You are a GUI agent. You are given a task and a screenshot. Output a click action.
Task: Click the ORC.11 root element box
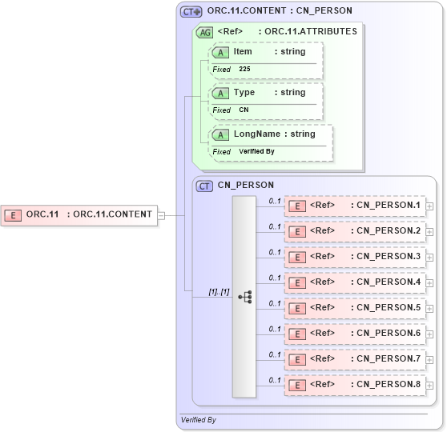(80, 214)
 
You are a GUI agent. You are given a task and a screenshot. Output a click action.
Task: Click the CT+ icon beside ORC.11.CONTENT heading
(191, 11)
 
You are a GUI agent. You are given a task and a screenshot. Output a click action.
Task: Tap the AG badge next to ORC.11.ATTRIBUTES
(205, 32)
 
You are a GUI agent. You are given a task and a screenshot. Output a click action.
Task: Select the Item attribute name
(243, 51)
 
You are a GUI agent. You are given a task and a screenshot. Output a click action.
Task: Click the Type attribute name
(244, 92)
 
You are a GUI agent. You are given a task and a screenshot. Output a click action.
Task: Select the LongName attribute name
(257, 134)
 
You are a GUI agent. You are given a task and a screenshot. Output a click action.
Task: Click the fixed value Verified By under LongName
(256, 151)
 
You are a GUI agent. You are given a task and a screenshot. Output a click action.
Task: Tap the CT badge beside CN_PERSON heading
(205, 186)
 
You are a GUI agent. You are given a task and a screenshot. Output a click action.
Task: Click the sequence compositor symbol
(245, 297)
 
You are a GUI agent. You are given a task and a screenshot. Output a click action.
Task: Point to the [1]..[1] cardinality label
(219, 292)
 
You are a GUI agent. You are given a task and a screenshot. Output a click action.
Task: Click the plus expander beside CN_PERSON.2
(430, 232)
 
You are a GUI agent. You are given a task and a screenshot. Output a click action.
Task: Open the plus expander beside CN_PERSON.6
(430, 334)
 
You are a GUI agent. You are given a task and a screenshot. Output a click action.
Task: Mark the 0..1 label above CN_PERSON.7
(275, 354)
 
